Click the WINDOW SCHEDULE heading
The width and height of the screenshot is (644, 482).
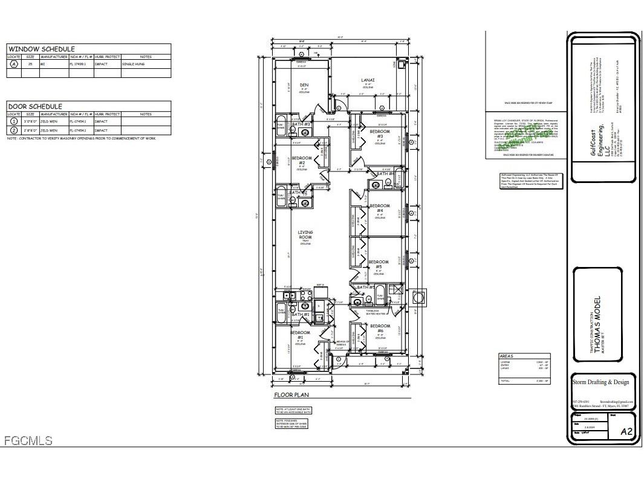41,49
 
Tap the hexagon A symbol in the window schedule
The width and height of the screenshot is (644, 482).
14,63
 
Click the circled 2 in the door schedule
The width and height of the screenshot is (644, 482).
14,130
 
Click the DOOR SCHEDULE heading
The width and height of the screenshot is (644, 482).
35,106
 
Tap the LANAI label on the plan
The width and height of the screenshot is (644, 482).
368,80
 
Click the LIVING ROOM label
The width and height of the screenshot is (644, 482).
305,236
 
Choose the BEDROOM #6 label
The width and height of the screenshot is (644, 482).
380,329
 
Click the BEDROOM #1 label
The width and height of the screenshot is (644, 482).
300,335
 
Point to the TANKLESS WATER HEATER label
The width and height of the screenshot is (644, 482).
376,312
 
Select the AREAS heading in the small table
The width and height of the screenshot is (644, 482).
506,356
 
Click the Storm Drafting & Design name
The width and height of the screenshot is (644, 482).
600,382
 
